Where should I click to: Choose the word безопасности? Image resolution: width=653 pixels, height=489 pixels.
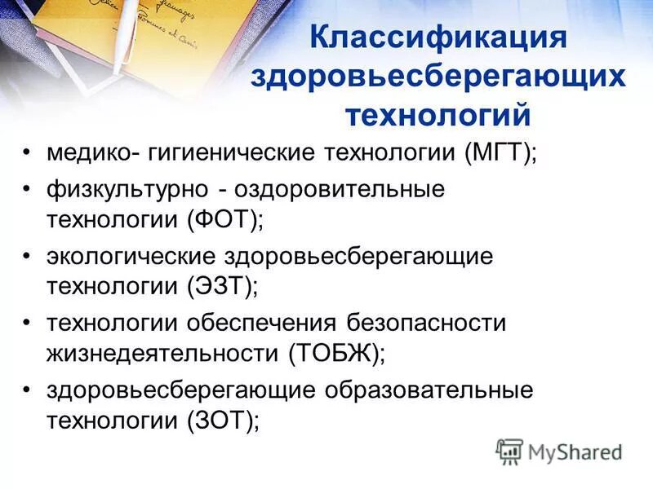click(x=428, y=324)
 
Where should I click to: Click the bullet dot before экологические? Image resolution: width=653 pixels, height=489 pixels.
click(x=28, y=257)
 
